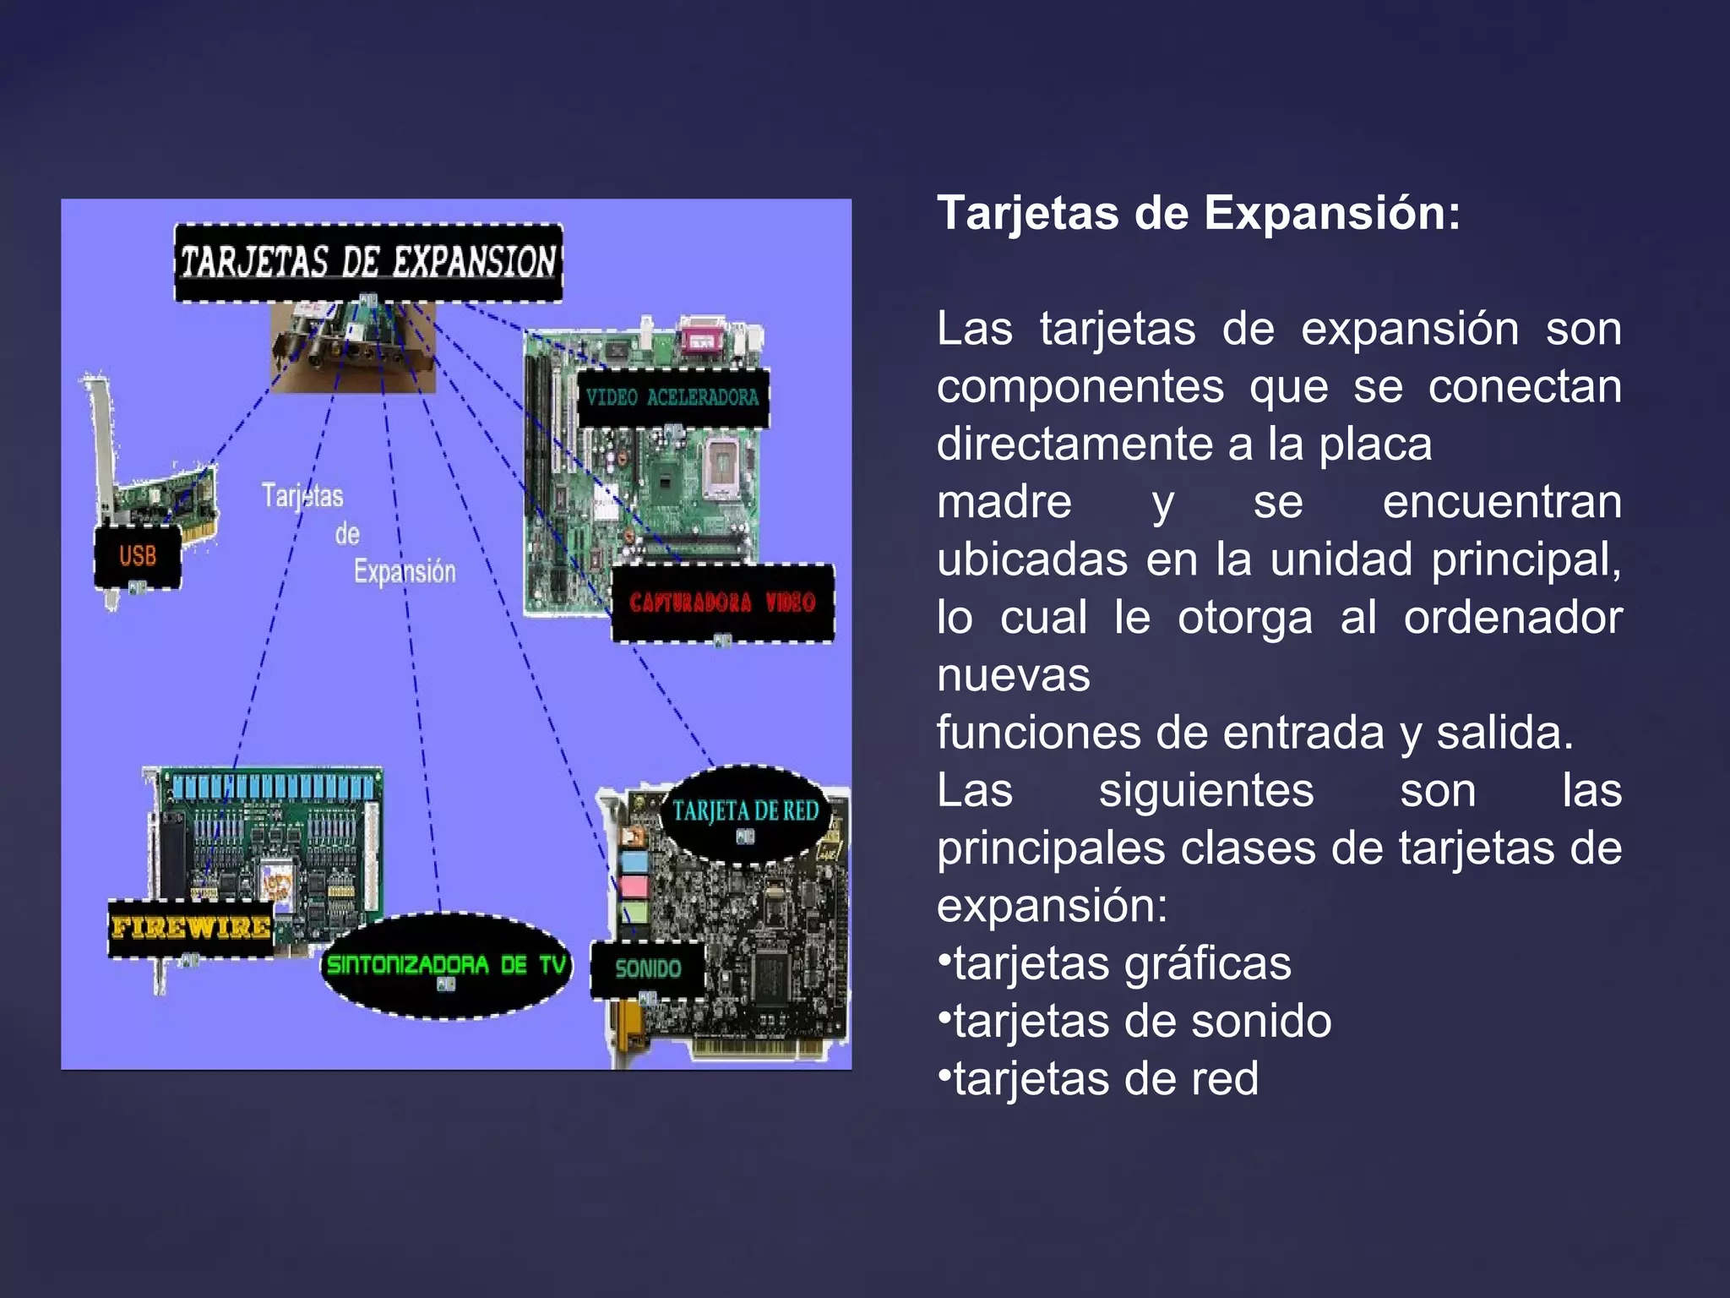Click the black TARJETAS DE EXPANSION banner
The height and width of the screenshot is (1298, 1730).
click(x=368, y=262)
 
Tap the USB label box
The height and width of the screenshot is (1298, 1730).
click(x=138, y=556)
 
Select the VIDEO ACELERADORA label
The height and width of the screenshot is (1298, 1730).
click(x=672, y=397)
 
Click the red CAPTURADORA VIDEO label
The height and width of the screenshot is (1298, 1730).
click(x=722, y=603)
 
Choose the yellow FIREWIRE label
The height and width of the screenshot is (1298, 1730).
click(x=191, y=928)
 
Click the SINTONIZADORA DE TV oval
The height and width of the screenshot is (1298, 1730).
click(x=446, y=965)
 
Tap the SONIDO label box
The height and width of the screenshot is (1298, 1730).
click(x=648, y=968)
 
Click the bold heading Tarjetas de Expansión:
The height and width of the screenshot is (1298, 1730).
click(x=1199, y=213)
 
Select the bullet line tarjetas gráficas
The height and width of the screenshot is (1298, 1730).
click(x=1115, y=963)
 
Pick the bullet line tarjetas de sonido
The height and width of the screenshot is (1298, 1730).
click(x=1135, y=1021)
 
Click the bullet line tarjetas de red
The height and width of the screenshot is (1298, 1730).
click(x=1099, y=1079)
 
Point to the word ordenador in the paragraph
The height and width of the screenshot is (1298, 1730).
click(x=1512, y=618)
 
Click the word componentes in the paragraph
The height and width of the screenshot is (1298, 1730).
click(x=1080, y=388)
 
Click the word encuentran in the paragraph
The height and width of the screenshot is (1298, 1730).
click(x=1502, y=503)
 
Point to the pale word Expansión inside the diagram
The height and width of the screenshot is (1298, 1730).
click(x=405, y=572)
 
